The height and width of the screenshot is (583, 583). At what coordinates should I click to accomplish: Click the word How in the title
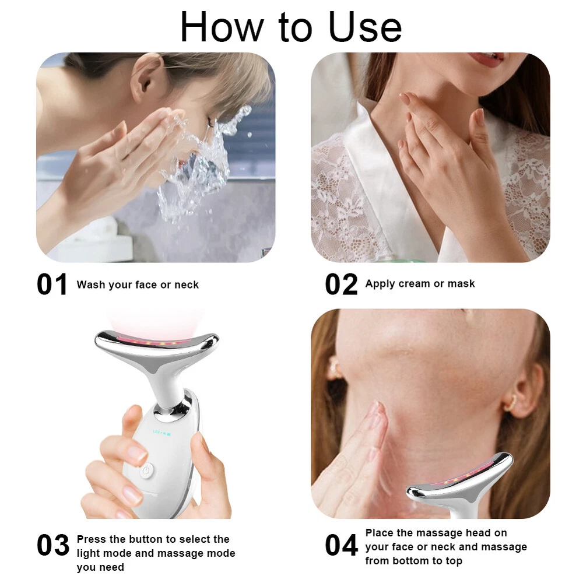(x=222, y=27)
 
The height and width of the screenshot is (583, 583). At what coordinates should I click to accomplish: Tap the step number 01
(x=52, y=285)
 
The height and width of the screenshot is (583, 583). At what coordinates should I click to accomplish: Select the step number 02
(x=341, y=285)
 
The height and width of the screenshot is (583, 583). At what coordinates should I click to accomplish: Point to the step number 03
(x=53, y=546)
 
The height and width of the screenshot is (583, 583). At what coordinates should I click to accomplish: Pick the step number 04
(x=341, y=546)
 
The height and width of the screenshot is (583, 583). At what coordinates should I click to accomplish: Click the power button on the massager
(x=146, y=470)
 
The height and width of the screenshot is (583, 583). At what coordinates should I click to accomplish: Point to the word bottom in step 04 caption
(x=413, y=561)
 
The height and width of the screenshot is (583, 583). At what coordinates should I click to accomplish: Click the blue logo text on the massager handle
(x=162, y=431)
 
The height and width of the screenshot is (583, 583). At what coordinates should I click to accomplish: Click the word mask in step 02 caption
(x=461, y=284)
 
